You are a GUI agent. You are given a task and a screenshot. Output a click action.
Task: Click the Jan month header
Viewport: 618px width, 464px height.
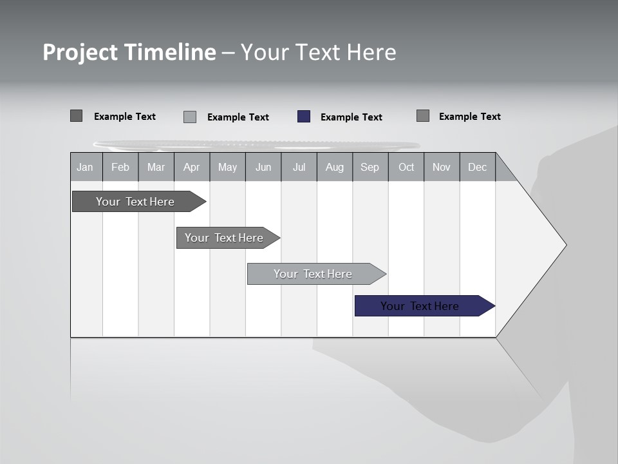point(85,167)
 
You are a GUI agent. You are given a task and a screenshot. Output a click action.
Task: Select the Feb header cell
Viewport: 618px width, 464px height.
point(120,167)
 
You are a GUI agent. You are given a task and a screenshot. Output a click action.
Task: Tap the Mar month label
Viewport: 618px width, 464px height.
point(156,167)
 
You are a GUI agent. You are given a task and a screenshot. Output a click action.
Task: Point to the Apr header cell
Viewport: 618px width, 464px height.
point(191,167)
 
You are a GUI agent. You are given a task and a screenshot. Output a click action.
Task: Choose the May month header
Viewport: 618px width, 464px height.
point(227,167)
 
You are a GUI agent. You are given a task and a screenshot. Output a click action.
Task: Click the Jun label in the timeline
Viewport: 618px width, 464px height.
point(263,167)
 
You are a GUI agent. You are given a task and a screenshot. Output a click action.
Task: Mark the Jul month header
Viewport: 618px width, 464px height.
point(299,167)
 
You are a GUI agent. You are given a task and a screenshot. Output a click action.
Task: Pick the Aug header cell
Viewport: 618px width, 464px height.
point(334,167)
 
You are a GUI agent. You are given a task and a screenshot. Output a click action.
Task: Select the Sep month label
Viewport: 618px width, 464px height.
point(370,167)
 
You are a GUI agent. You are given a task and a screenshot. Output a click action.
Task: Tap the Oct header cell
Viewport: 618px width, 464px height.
point(406,167)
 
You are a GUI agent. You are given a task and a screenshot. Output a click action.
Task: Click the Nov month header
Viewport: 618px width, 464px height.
point(442,167)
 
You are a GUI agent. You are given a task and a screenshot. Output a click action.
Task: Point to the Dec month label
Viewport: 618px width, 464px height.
point(477,167)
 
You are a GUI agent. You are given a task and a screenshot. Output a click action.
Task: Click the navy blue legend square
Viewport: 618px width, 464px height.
point(304,117)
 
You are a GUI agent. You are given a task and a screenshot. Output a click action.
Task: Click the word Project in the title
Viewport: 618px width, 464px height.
point(80,52)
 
